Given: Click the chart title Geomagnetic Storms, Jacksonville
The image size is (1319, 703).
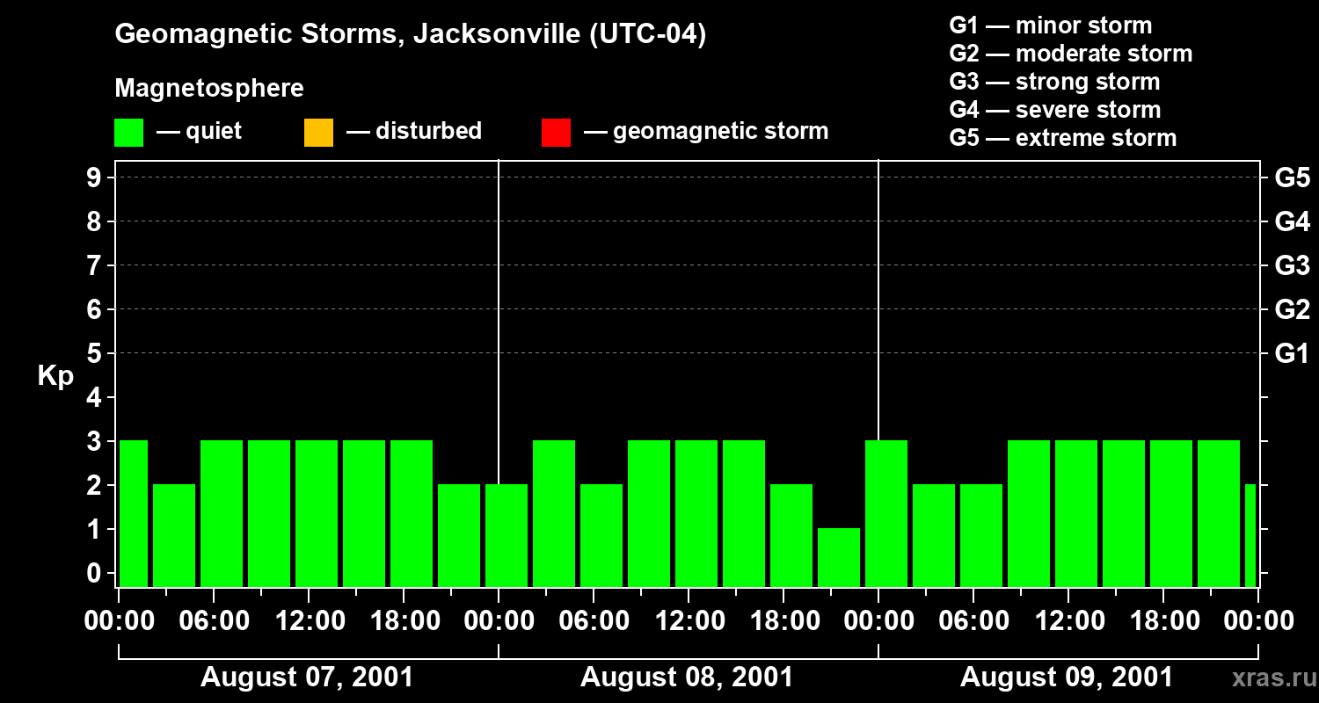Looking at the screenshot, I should click(x=410, y=35).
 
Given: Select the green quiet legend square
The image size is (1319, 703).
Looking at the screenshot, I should click(x=128, y=133).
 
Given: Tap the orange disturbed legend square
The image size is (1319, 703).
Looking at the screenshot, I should click(x=318, y=133).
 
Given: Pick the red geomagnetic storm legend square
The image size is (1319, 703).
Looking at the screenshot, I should click(x=556, y=133).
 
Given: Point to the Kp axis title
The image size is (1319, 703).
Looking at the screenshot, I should click(x=55, y=376).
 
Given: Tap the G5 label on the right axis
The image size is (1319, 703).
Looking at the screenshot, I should click(x=1292, y=178).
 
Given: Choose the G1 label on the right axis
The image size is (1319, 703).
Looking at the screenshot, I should click(x=1292, y=354).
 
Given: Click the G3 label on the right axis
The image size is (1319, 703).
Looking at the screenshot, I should click(x=1292, y=266).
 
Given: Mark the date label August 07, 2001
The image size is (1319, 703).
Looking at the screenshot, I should click(x=307, y=678).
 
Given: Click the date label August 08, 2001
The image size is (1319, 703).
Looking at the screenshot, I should click(x=687, y=678).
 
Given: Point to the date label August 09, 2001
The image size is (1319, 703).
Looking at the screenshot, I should click(x=1066, y=678).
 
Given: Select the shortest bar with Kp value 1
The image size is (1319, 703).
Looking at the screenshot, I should click(x=839, y=557).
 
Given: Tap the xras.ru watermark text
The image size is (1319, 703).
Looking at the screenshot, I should click(x=1269, y=678).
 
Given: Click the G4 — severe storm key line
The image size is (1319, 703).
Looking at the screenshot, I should click(x=1055, y=110).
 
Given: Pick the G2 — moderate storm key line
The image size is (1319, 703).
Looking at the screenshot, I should click(x=1070, y=54).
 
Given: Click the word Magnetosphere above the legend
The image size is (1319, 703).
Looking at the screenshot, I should click(x=209, y=89).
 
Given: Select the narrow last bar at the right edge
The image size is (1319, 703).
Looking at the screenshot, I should click(x=1250, y=534).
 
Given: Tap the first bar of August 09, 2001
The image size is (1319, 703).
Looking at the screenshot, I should click(x=886, y=513).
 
